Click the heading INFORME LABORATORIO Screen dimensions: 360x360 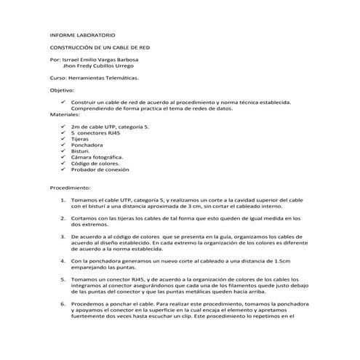coord(82,35)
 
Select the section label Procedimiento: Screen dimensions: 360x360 coord(71,187)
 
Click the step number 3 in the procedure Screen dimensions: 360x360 coord(63,236)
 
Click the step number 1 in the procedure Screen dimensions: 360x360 coord(63,199)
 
